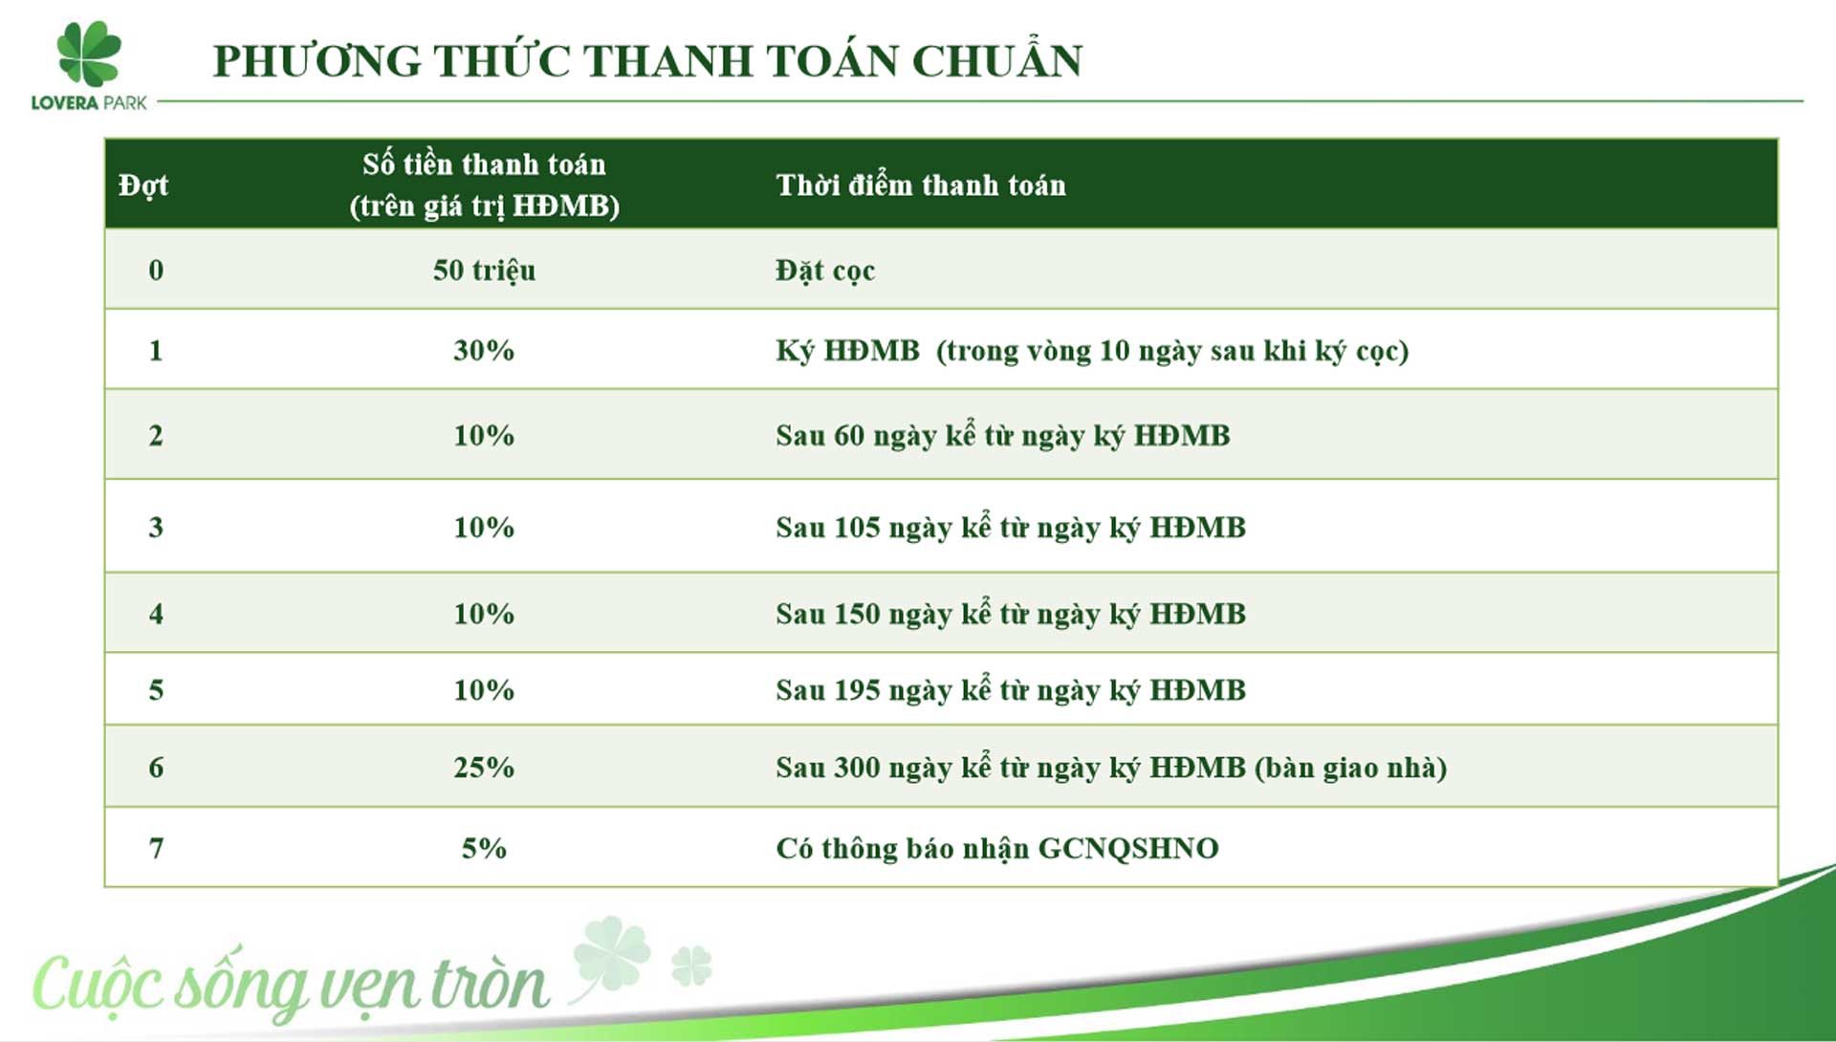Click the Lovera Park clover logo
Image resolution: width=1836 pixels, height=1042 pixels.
tap(89, 54)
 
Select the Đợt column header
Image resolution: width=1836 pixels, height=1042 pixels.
tap(143, 185)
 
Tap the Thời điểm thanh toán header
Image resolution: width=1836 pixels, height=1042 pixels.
tap(921, 185)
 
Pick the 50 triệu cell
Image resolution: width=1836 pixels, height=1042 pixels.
tap(484, 271)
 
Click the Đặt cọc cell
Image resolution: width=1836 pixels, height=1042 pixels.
tap(825, 271)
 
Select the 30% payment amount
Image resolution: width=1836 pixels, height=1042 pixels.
tap(484, 350)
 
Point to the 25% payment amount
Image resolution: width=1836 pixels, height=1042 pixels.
tap(484, 767)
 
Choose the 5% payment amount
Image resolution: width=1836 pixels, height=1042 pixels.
tap(484, 848)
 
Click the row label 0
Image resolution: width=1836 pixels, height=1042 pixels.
tap(156, 271)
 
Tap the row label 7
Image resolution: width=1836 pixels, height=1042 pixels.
tap(156, 848)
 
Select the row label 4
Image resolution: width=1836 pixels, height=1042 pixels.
tap(156, 613)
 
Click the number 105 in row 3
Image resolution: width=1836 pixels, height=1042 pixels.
tap(857, 527)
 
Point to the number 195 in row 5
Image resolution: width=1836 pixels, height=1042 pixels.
tap(857, 689)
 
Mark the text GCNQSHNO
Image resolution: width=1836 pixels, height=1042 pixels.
tap(1128, 848)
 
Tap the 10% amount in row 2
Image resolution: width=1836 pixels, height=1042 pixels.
tap(484, 435)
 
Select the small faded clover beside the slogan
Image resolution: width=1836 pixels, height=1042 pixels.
tap(691, 966)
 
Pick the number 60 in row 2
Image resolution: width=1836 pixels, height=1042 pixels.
tap(849, 435)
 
